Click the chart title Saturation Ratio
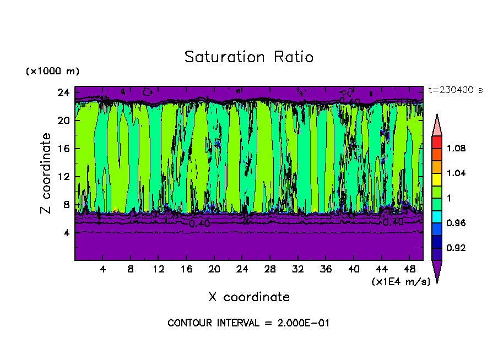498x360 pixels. pos(248,57)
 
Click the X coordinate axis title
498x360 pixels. pos(249,297)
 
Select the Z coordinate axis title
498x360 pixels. pos(46,173)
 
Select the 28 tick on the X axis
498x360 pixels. pos(270,269)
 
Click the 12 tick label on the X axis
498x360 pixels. pos(158,269)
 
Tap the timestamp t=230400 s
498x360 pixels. pos(454,90)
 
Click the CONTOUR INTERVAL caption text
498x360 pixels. pos(248,323)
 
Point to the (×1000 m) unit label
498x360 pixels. pos(52,72)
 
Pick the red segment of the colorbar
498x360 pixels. pos(436,142)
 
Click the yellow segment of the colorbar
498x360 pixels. pos(436,179)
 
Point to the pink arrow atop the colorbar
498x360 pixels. pos(436,126)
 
